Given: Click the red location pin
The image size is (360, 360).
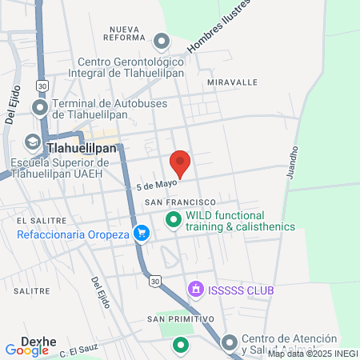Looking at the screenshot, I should pos(181,162).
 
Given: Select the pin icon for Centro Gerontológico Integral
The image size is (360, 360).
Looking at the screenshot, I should pos(162,41).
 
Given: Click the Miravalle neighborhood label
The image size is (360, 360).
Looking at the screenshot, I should pos(232,82).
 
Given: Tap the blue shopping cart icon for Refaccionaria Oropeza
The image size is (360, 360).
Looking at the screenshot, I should pos(142,234).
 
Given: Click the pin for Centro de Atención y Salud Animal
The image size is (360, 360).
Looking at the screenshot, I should pos(230,343).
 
